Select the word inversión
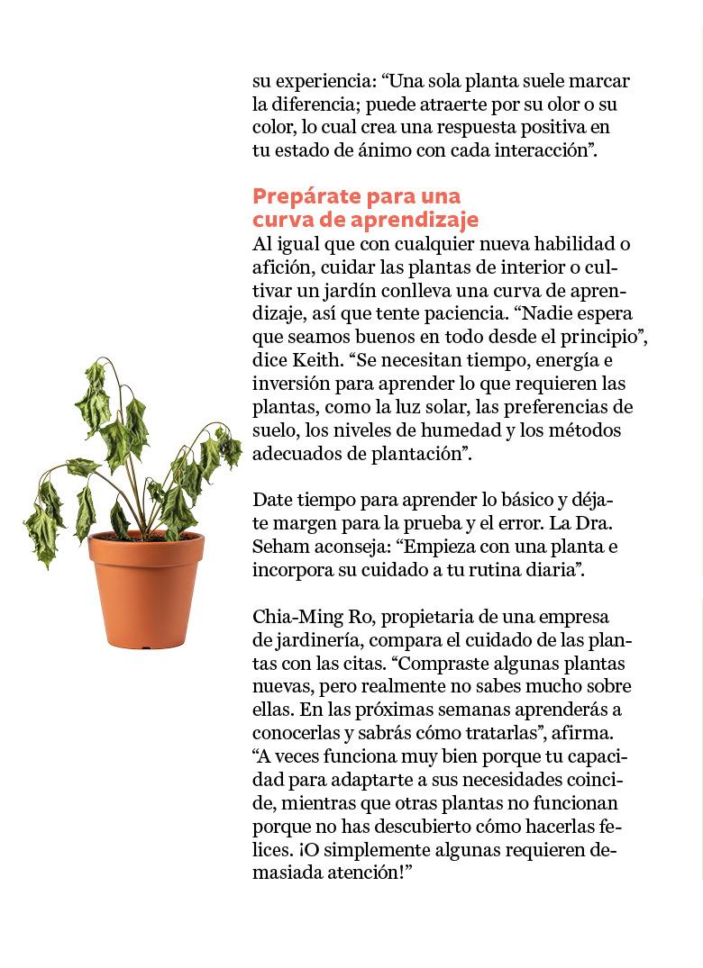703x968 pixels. (x=291, y=384)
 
